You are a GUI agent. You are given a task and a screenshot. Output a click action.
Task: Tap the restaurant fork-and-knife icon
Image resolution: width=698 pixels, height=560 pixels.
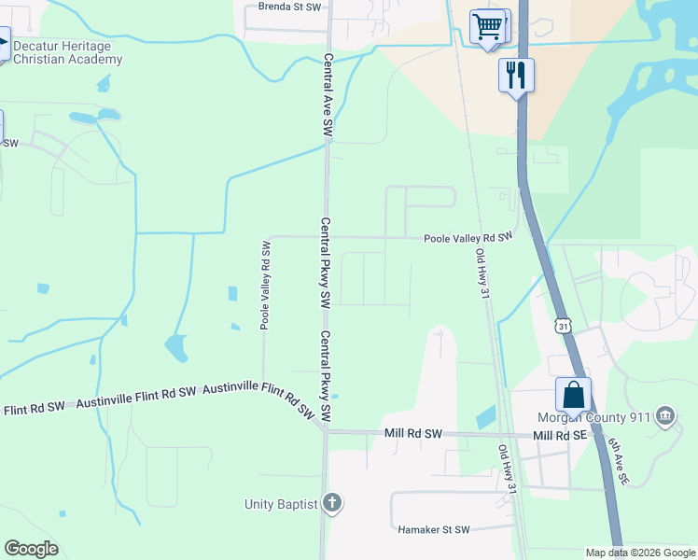515,74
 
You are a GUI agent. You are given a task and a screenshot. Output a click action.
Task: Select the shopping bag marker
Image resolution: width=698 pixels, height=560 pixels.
573,394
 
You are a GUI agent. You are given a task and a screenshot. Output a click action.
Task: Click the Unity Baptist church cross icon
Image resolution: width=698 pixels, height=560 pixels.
332,504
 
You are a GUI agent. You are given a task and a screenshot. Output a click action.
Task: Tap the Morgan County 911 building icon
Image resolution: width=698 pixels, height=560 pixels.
665,415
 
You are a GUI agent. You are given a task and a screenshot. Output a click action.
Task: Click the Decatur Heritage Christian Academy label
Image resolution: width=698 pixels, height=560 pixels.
67,53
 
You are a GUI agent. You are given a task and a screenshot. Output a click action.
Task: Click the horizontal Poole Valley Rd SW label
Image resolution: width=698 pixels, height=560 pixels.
468,238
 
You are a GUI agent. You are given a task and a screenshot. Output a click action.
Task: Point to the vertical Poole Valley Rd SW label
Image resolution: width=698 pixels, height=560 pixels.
265,285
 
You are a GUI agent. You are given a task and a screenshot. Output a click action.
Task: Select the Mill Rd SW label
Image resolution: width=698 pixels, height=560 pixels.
412,434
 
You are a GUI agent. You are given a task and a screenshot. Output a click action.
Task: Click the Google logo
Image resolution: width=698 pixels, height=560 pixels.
31,549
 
